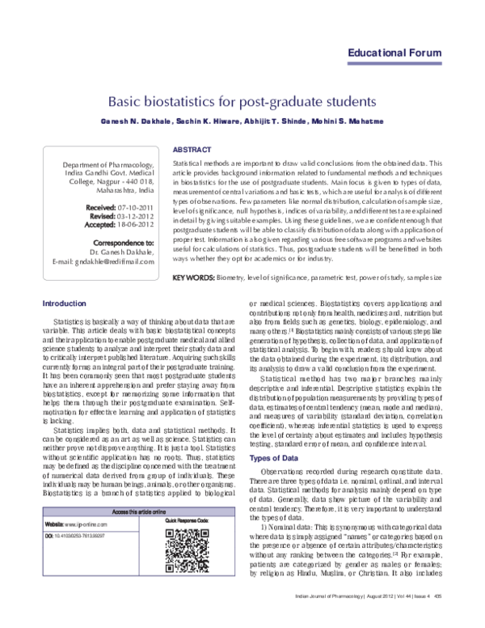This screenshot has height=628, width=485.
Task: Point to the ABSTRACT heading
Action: [192, 151]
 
